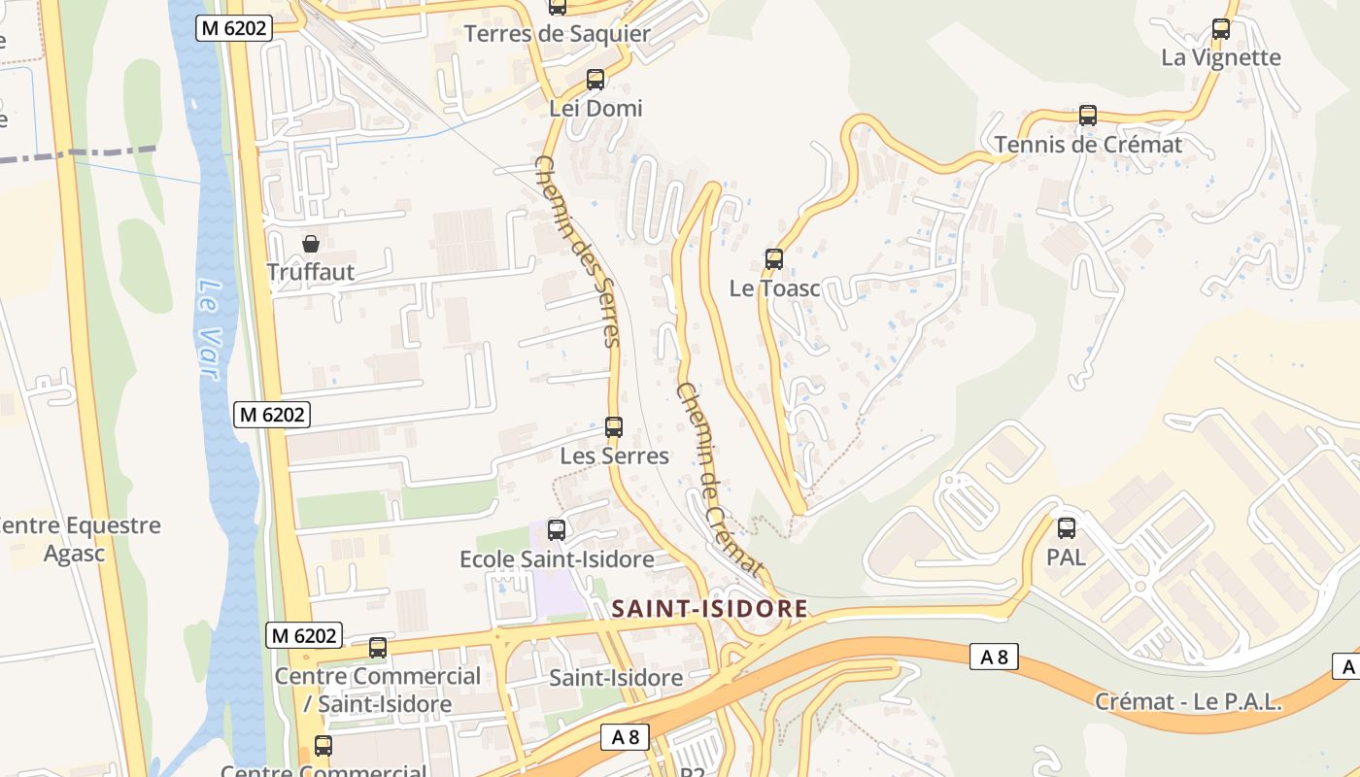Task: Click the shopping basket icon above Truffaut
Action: (311, 244)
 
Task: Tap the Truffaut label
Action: (311, 272)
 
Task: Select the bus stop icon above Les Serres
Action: (614, 426)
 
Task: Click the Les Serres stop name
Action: (615, 456)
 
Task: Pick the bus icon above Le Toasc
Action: (774, 259)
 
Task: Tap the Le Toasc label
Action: (775, 288)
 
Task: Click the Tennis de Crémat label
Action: (1088, 145)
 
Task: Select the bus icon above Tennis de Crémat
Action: (1088, 116)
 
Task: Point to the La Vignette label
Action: (1221, 57)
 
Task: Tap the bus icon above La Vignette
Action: (1221, 29)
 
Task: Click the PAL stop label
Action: (1066, 558)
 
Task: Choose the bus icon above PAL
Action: (1067, 528)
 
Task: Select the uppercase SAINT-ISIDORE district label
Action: (710, 609)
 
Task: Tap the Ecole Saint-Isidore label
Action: (557, 559)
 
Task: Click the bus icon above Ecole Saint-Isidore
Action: (557, 530)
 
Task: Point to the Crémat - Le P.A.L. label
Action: (1189, 701)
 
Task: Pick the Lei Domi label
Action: (595, 108)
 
